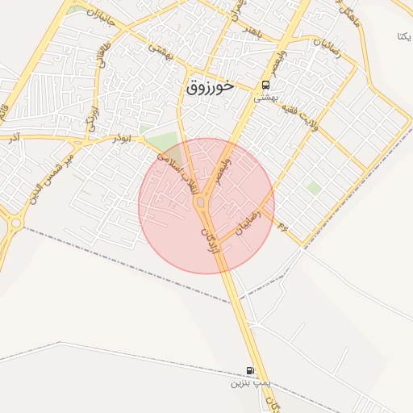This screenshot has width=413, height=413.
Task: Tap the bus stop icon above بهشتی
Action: click(265, 85)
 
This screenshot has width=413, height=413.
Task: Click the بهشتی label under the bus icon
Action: click(265, 97)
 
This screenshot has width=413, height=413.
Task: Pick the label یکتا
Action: click(404, 36)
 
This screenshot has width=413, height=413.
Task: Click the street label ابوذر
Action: click(122, 138)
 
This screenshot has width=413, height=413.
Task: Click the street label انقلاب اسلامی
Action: click(177, 168)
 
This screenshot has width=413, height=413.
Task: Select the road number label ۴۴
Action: click(282, 227)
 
